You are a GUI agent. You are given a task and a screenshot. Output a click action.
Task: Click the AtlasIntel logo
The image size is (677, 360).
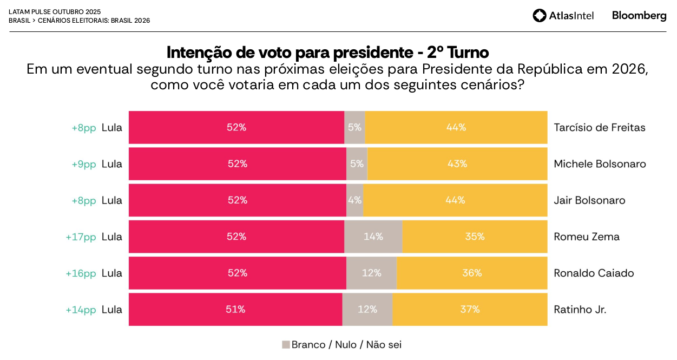563,16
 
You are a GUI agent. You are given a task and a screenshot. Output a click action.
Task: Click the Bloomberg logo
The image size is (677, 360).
639,16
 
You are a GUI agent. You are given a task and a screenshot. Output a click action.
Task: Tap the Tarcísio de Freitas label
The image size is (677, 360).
600,128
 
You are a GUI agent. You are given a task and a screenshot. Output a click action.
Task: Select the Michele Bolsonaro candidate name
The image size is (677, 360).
600,164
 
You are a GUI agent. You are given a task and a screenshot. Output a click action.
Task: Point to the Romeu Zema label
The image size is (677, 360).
587,237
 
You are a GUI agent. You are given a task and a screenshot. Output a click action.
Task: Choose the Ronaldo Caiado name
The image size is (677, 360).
594,273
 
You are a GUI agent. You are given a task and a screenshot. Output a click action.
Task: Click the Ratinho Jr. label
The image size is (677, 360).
580,310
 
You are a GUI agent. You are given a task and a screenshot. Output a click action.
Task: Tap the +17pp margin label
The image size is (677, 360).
81,237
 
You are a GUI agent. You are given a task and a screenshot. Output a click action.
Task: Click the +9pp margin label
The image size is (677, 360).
84,164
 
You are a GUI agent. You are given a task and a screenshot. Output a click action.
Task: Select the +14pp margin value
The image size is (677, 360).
81,310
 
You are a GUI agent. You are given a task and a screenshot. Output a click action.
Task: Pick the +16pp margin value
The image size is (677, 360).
81,273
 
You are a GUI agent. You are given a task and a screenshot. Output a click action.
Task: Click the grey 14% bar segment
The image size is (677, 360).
373,237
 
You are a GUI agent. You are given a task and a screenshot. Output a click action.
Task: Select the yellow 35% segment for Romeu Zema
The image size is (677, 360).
475,237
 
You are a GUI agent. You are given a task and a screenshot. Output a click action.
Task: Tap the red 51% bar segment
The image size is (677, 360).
235,310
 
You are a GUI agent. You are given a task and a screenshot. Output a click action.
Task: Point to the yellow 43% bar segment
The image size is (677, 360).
457,164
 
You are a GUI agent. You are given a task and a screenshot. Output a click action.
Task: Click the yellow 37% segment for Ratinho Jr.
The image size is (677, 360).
470,310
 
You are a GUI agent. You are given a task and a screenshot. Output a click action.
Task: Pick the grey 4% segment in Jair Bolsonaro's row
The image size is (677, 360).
355,200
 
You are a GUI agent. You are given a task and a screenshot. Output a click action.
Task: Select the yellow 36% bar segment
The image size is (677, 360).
472,273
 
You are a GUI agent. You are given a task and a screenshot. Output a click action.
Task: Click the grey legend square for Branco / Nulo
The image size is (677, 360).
286,345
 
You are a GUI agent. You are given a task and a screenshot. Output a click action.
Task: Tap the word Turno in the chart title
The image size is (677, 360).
469,53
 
